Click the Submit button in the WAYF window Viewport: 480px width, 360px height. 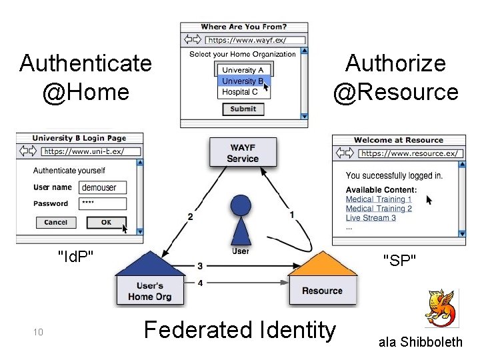pyautogui.click(x=243, y=109)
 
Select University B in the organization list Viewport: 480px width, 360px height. pyautogui.click(x=243, y=81)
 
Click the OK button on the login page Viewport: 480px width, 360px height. pyautogui.click(x=106, y=223)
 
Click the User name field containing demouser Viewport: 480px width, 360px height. pyautogui.click(x=102, y=188)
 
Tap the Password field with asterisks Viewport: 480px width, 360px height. pyautogui.click(x=102, y=204)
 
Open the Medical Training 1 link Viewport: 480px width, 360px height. pyautogui.click(x=379, y=199)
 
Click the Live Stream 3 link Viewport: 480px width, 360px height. pyautogui.click(x=371, y=218)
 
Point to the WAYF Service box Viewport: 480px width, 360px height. pyautogui.click(x=243, y=153)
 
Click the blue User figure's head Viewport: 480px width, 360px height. pyautogui.click(x=240, y=205)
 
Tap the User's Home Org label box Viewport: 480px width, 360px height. pyautogui.click(x=150, y=291)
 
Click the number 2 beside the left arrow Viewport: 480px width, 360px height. pyautogui.click(x=191, y=217)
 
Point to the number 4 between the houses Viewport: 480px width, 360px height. pyautogui.click(x=200, y=283)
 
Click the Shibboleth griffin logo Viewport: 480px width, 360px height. pyautogui.click(x=440, y=308)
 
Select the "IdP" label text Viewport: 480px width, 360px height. pyautogui.click(x=75, y=255)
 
